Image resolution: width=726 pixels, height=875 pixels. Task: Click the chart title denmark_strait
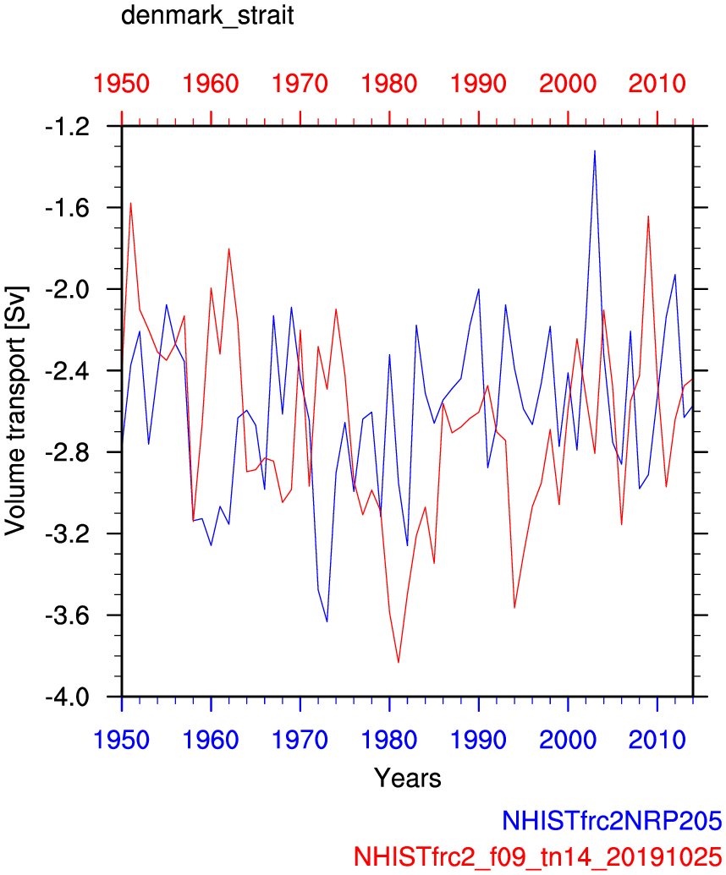(207, 17)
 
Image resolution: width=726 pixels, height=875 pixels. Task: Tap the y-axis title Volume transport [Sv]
(15, 411)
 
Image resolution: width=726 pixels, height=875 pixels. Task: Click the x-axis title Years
(408, 777)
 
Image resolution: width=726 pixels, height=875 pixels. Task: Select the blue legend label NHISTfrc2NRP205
(611, 821)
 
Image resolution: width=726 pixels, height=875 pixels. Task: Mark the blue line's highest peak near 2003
(595, 150)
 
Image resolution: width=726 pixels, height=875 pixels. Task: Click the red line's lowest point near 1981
(399, 663)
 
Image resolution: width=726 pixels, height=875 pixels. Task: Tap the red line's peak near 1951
(131, 203)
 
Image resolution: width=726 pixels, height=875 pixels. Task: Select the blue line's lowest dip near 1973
(327, 622)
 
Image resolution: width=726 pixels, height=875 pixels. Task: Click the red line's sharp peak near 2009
(648, 216)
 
